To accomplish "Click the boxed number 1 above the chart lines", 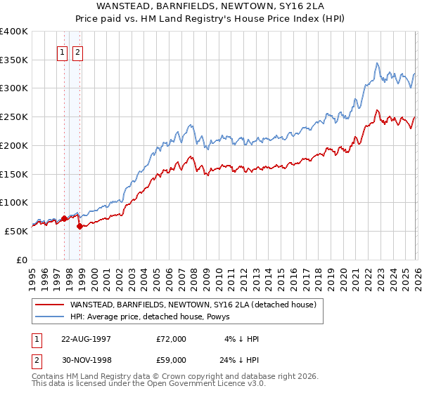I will [x=62, y=52].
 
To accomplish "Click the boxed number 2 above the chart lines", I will [x=77, y=52].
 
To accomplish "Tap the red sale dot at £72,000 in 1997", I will [x=64, y=218].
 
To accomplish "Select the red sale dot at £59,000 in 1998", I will [x=79, y=226].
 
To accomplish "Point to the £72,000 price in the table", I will [x=172, y=339].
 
